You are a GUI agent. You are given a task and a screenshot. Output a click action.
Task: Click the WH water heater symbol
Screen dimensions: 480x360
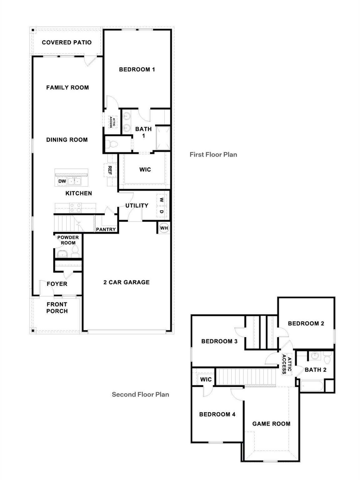click(164, 228)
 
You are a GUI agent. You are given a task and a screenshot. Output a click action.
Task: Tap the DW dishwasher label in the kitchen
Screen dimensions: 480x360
click(62, 181)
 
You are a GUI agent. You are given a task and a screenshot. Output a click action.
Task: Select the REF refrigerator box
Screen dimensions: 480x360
click(110, 170)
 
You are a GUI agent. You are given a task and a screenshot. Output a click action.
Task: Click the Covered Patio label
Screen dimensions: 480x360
click(67, 42)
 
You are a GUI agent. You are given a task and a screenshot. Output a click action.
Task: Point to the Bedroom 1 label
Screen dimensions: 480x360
click(137, 69)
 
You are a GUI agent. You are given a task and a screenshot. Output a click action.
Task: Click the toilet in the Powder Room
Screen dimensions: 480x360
click(75, 251)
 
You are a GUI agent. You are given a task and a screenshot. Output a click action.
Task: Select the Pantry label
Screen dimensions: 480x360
click(106, 229)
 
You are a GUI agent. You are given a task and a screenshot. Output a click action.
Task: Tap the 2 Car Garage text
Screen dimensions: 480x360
click(126, 282)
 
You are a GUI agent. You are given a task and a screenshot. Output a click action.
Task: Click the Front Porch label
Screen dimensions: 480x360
click(57, 307)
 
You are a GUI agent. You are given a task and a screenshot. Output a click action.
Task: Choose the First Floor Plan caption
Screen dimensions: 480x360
click(213, 154)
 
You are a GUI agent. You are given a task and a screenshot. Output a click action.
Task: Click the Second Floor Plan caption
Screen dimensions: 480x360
click(140, 394)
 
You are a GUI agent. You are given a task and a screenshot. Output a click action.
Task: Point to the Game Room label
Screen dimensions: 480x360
click(271, 424)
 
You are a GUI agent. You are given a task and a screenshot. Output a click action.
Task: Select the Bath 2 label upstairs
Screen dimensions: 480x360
click(315, 370)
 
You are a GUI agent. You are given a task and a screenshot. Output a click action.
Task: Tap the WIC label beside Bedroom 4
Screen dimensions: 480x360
click(206, 379)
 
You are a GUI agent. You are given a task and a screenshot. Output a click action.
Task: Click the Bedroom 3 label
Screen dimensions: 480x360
click(219, 341)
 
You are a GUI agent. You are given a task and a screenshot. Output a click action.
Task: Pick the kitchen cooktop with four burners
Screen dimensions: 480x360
click(75, 207)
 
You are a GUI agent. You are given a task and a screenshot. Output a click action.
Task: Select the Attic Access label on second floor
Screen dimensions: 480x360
click(286, 364)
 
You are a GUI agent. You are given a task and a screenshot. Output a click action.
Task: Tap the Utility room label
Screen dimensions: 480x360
click(137, 205)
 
